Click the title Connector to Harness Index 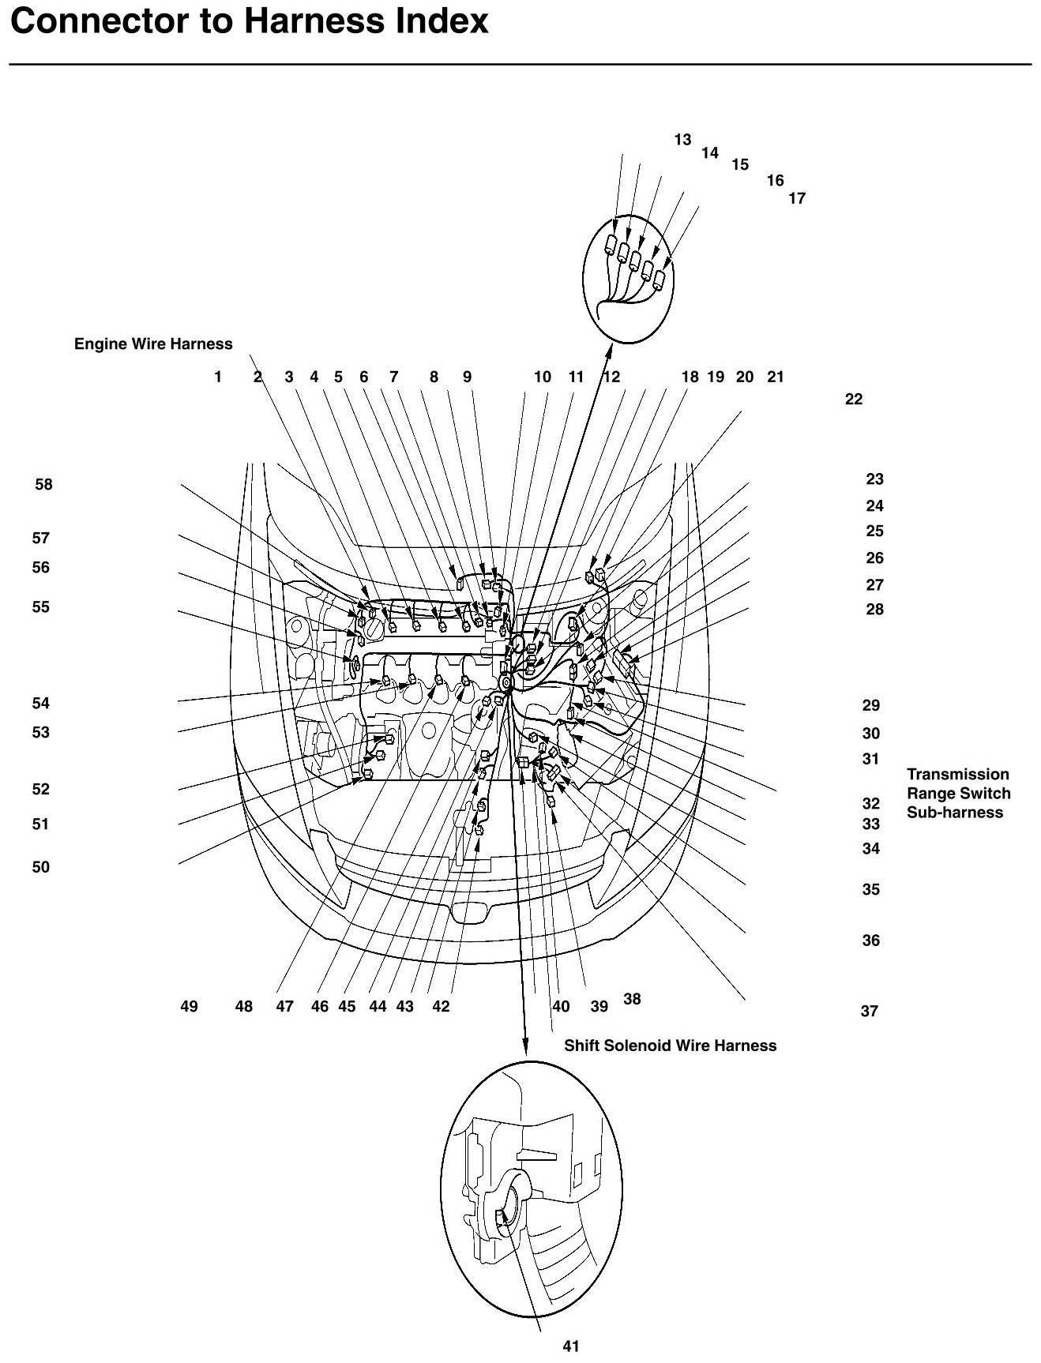250,21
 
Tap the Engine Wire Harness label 153,344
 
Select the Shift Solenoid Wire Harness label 670,1046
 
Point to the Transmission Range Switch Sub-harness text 958,794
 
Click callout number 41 571,1346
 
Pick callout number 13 682,140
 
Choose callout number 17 797,198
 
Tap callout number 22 854,399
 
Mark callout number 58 43,484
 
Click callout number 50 40,867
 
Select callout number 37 869,1011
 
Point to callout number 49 189,1007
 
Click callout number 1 218,377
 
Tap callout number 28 874,609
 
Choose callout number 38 632,999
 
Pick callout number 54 40,703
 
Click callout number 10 542,377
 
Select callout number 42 441,1007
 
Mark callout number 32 870,803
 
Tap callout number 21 776,377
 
